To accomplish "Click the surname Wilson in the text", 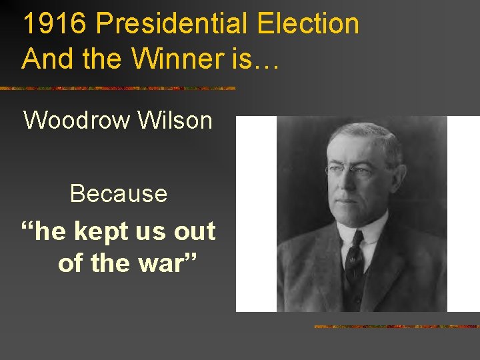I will (175, 121).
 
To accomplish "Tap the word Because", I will (118, 193).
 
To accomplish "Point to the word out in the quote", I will (195, 231).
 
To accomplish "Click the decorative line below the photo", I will (397, 327).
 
